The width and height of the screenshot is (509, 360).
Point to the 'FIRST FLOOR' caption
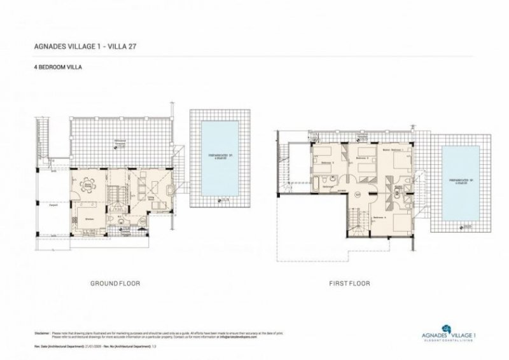pyautogui.click(x=348, y=283)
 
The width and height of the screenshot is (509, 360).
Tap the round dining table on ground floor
pyautogui.click(x=87, y=186)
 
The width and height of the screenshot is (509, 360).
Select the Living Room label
pyautogui.click(x=151, y=198)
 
